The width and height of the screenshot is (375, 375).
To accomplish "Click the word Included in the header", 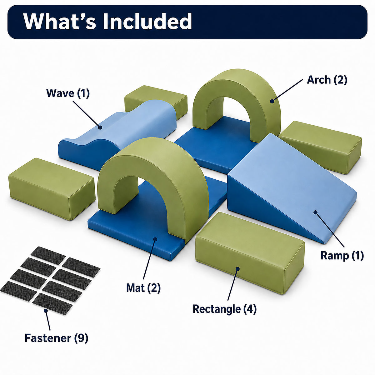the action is pos(147,21).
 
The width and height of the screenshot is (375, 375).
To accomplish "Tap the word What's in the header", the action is pos(60,21).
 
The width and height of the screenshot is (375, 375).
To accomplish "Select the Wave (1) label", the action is pos(68,93).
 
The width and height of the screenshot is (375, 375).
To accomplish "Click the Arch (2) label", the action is pos(327,80).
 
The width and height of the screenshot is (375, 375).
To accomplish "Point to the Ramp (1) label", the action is pos(342,256).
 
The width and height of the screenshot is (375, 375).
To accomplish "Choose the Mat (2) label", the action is pos(143,288).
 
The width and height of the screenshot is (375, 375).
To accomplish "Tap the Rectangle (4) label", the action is pos(225,309).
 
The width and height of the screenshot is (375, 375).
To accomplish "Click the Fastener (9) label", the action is pos(56,338).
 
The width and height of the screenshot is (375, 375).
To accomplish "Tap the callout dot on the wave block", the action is pos(100,127).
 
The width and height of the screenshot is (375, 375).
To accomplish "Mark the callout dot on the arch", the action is pos(272,101).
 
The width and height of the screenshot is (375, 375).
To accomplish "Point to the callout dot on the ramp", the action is pos(315,212).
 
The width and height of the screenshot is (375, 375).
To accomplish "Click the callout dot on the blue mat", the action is pos(155,239).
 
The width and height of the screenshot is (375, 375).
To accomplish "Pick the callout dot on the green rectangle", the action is pos(237,269).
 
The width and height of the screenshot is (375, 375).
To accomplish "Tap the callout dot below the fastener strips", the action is pos(46,311).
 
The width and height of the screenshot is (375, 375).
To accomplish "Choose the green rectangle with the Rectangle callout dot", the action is pos(250,253).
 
